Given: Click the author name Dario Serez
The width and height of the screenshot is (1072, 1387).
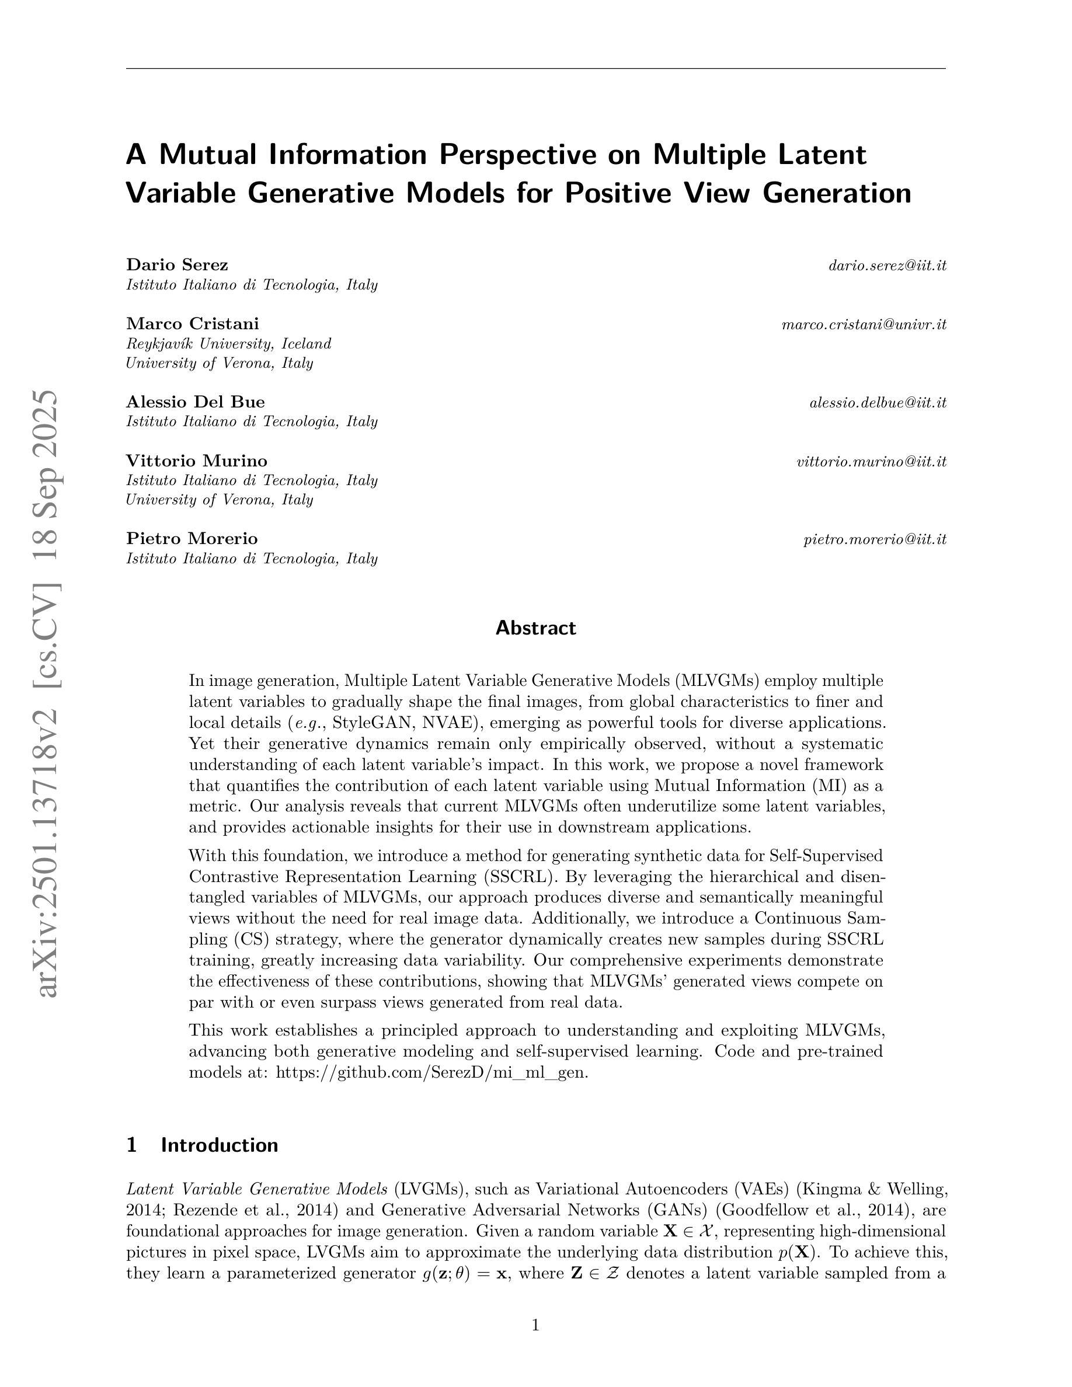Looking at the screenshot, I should click(x=177, y=265).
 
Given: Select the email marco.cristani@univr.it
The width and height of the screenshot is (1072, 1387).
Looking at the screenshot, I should click(x=864, y=325).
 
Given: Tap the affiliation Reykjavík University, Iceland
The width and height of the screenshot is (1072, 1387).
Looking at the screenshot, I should click(x=229, y=344).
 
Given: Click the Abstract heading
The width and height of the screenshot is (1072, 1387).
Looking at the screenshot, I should click(x=535, y=628).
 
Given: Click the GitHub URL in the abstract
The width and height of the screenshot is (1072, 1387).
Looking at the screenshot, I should click(x=432, y=1072).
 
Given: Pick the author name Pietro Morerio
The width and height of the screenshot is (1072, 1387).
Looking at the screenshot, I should click(x=192, y=539).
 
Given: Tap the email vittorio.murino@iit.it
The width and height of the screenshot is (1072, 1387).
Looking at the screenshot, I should click(x=871, y=462).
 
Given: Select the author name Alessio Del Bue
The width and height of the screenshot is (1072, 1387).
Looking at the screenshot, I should click(x=196, y=402).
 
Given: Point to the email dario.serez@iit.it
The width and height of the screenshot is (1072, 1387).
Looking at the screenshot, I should click(x=887, y=266).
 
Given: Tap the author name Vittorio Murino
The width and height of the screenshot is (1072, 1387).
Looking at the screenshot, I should click(x=197, y=461).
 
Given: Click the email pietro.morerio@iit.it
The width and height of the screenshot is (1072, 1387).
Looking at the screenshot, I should click(x=875, y=540).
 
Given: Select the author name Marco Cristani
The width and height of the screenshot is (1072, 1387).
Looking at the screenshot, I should click(x=193, y=324).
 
